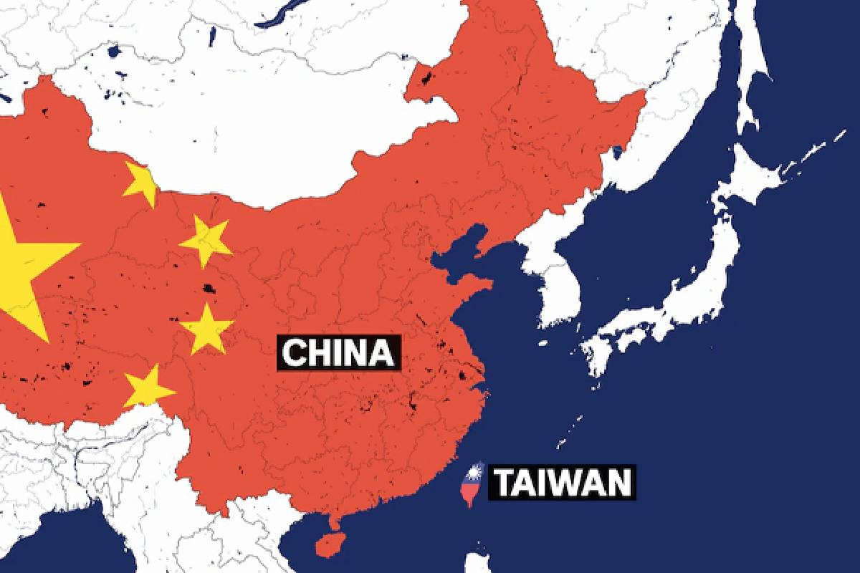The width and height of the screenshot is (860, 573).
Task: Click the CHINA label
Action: [x=338, y=353]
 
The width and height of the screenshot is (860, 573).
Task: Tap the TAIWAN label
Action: [x=561, y=482]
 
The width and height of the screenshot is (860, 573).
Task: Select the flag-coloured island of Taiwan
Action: [x=470, y=487]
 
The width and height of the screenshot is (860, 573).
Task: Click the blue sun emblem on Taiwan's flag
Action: [x=473, y=473]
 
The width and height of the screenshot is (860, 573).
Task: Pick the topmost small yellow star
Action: [x=140, y=183]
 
